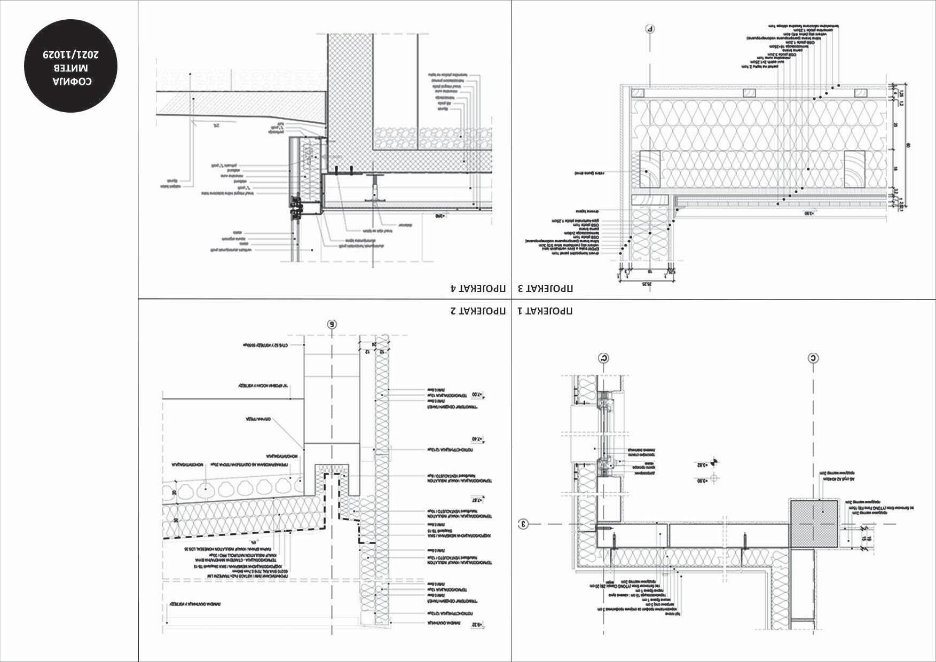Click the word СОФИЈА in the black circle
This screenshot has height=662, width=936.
[x=72, y=82]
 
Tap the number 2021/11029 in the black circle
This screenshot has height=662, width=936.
[x=72, y=54]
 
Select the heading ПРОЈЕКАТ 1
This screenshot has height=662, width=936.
[x=545, y=311]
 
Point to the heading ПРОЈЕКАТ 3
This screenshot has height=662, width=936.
[x=545, y=289]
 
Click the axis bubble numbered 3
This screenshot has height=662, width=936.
[x=524, y=524]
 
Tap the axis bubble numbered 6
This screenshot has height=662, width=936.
[x=332, y=324]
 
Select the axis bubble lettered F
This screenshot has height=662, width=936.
[x=650, y=29]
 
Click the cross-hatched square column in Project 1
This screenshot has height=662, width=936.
[x=814, y=524]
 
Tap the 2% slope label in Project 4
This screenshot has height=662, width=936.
[x=216, y=126]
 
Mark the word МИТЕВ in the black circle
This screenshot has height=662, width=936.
[x=72, y=68]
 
